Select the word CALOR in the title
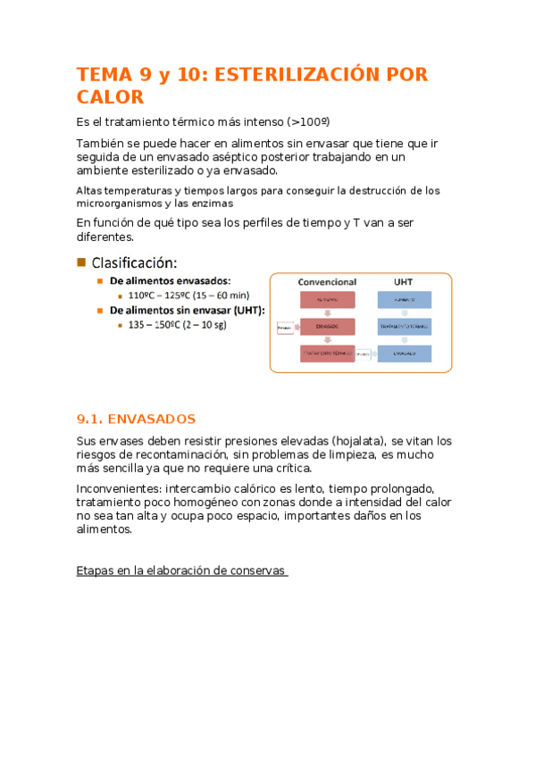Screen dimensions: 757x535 tap(110, 97)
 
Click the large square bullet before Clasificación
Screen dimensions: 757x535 tap(82, 262)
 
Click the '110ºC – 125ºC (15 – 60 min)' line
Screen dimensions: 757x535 tap(189, 295)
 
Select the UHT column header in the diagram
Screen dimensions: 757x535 tap(403, 282)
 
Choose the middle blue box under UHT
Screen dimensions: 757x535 tap(404, 328)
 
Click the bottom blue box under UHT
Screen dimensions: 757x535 tap(404, 354)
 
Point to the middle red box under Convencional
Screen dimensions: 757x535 tap(327, 328)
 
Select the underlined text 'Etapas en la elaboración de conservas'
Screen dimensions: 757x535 tap(182, 570)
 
